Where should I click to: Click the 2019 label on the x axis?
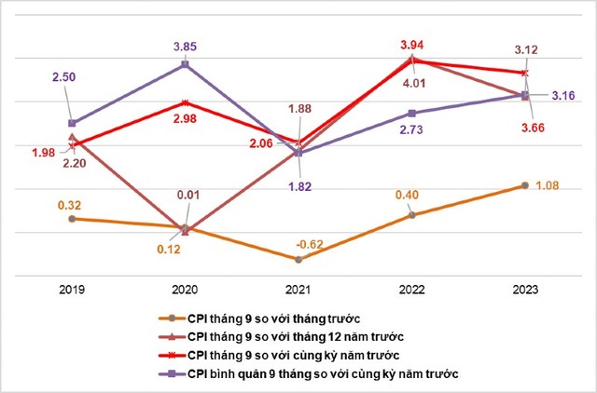coord(72,290)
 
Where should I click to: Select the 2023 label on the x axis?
coord(525,290)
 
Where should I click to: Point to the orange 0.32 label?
coord(72,203)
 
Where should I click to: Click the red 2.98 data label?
coord(186,120)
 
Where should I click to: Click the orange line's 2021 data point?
coord(298,258)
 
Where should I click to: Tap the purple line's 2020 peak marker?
coord(185,64)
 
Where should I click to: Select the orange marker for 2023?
coord(525,185)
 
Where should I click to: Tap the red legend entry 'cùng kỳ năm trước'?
coord(298,355)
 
